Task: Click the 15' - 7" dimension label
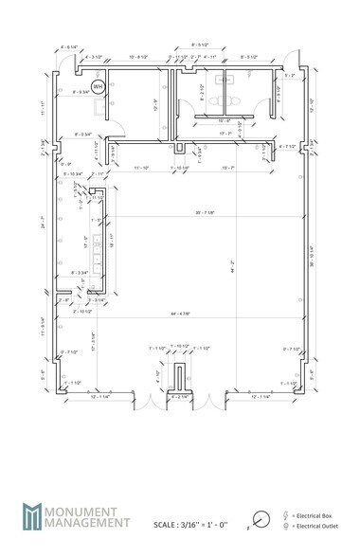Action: tap(227, 168)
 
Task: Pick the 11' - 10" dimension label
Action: tap(142, 168)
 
